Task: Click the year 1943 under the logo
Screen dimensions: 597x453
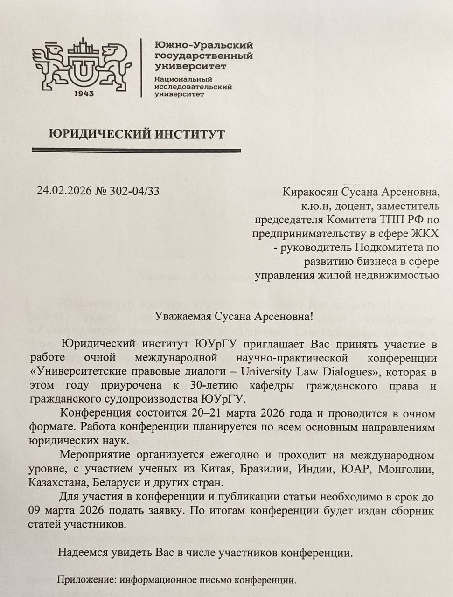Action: (x=84, y=93)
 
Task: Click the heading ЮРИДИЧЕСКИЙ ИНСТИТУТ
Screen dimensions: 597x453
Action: (x=137, y=134)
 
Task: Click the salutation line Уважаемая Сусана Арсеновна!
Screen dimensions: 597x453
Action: (x=234, y=317)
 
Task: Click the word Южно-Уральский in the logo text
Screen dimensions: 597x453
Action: (x=204, y=45)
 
